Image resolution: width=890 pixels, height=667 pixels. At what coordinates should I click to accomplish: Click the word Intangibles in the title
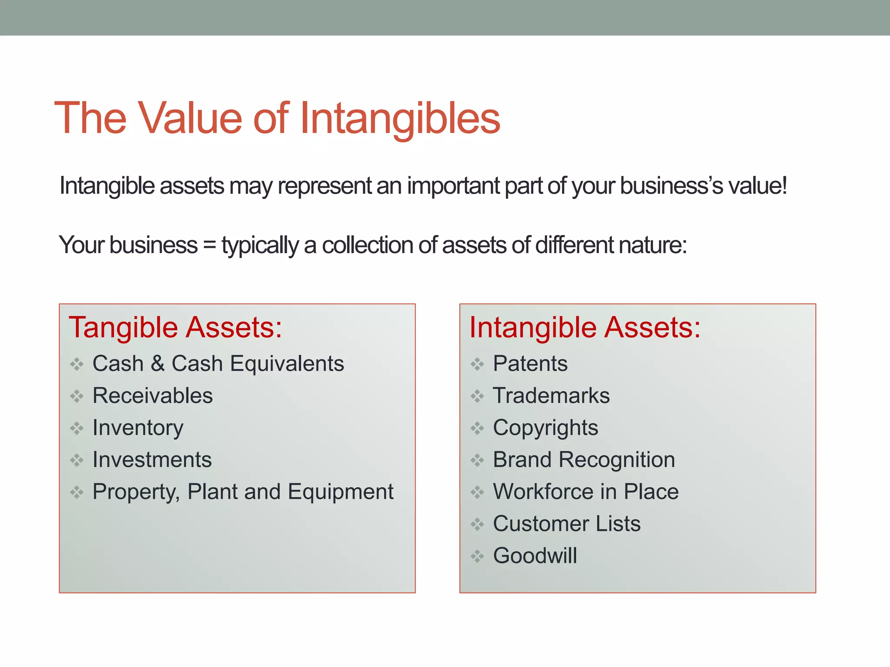(400, 118)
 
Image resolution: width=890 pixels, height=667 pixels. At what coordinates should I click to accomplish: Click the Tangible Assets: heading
(176, 327)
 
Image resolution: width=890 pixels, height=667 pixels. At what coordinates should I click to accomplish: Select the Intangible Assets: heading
(585, 327)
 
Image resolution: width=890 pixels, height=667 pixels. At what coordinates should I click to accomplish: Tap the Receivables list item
(153, 396)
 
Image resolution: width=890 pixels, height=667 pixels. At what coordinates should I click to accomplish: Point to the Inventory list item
(138, 428)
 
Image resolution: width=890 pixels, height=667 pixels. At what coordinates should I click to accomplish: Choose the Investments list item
(152, 459)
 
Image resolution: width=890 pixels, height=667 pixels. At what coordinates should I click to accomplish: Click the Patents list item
(530, 363)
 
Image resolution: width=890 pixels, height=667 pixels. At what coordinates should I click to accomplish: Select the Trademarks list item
(551, 396)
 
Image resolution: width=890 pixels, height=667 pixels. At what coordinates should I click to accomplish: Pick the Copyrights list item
(545, 428)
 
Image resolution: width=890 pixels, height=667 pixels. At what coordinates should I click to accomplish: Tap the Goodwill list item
(535, 556)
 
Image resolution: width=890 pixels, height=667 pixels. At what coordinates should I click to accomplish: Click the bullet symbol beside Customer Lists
(477, 524)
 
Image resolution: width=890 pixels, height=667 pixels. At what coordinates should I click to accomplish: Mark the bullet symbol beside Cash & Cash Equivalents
(77, 364)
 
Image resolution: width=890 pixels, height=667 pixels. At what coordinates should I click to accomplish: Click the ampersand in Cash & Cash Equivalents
(157, 363)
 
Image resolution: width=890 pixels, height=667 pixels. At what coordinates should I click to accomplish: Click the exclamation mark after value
(784, 185)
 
